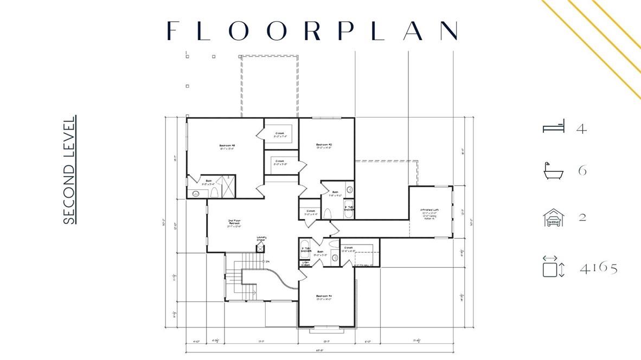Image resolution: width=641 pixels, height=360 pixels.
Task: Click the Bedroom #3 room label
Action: point(227,146)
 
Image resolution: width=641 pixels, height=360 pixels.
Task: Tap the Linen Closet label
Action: point(305,263)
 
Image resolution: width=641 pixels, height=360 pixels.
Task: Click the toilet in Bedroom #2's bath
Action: point(327,214)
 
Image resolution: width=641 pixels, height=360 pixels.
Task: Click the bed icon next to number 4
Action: point(554,127)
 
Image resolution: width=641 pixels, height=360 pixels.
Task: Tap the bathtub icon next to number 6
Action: point(553,171)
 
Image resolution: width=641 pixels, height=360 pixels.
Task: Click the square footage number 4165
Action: point(599,267)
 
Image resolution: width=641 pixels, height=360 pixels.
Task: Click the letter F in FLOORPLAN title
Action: point(172,31)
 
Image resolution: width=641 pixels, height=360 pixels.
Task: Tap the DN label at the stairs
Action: point(267,262)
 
